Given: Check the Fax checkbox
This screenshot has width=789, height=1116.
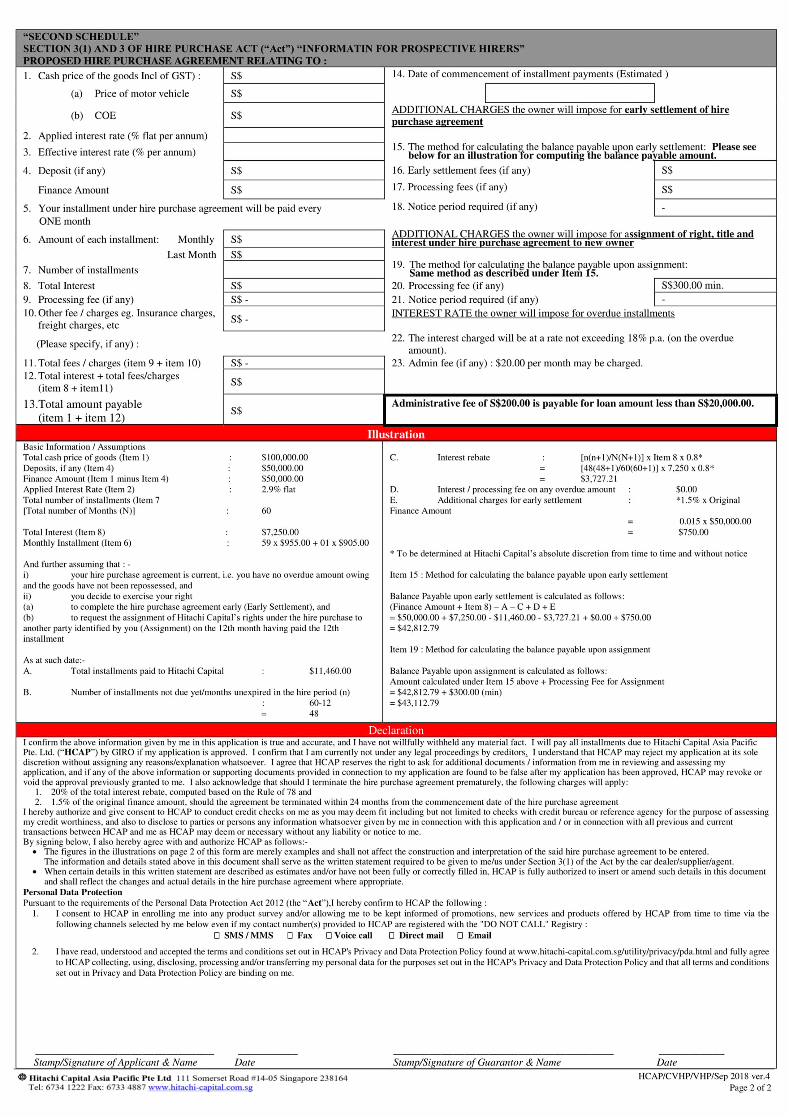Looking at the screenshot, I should tap(290, 935).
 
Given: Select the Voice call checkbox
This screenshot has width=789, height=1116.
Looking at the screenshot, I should tap(329, 935).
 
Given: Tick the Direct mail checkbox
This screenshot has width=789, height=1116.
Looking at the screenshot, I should tap(392, 935).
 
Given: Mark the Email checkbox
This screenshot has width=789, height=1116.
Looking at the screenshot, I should tap(460, 935).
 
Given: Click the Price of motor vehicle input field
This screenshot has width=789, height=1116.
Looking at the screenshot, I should tap(304, 93).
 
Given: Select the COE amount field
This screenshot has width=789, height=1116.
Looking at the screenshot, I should tap(304, 115).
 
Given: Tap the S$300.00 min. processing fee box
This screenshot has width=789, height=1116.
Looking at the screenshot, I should tap(715, 285).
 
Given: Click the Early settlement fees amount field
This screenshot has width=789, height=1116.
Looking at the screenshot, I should tap(715, 170).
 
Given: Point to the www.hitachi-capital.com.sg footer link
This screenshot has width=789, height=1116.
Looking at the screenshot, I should tap(200, 1087).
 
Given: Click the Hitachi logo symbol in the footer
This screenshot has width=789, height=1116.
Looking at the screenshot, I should tap(22, 1077).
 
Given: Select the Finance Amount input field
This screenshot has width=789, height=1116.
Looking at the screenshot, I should tap(304, 190).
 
